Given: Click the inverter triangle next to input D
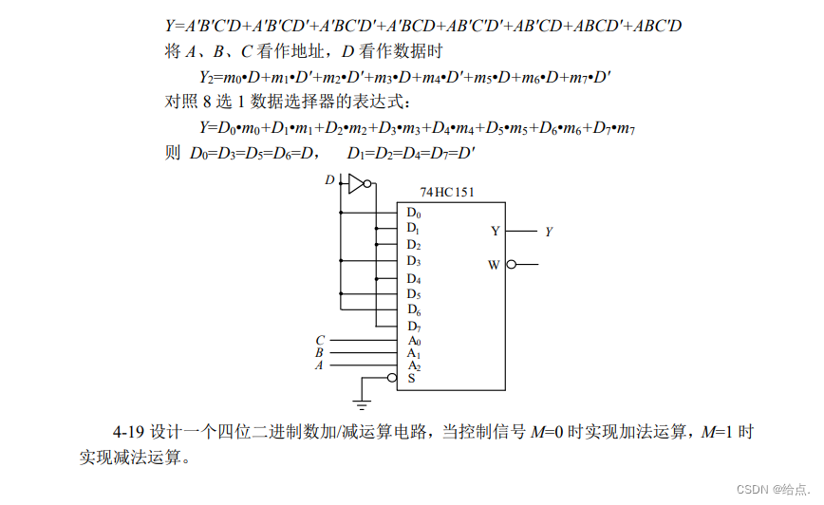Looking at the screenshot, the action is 355,183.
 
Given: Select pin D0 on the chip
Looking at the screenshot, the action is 413,213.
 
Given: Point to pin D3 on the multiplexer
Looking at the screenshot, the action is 413,261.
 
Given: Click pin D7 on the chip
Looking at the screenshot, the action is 413,327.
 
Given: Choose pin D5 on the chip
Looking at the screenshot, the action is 413,294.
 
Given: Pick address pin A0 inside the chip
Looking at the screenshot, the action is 413,341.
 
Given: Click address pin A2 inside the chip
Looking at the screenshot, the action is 413,365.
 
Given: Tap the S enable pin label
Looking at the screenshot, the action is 411,379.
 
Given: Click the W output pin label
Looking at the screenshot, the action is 494,265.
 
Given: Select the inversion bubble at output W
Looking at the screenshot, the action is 512,265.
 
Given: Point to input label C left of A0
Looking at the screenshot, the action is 320,340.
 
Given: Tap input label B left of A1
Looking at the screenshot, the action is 319,352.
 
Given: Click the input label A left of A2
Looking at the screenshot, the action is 319,365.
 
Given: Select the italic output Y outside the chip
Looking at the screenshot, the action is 549,231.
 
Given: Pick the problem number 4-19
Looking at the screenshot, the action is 131,432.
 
